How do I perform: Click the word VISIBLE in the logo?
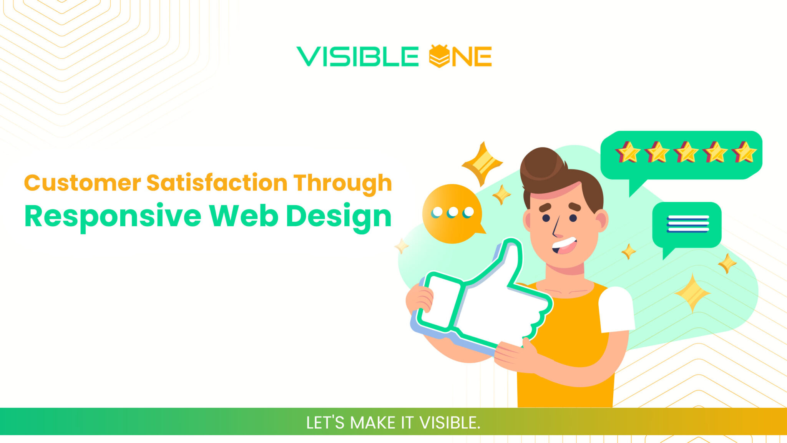coord(357,56)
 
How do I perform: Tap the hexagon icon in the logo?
coord(439,56)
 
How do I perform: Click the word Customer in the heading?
coord(83,183)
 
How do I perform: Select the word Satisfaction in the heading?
coord(217,183)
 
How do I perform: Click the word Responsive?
coord(113,217)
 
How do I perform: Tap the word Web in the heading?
coord(244,216)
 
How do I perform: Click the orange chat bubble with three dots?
coord(452,214)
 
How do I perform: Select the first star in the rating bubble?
coord(628,153)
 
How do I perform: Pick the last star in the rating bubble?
coord(744,153)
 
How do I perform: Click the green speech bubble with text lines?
coord(687,225)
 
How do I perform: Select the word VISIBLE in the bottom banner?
coord(450,423)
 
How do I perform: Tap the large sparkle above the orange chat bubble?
coord(482,163)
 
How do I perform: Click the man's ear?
coord(602,221)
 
